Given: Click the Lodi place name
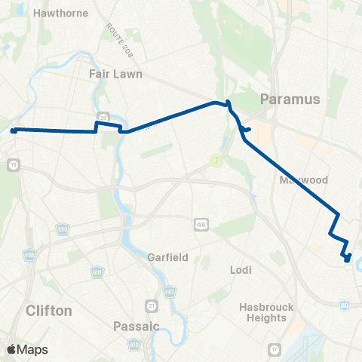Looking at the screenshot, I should [240, 269].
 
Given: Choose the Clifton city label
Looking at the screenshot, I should [48, 310].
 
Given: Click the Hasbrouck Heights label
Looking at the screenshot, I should [263, 312].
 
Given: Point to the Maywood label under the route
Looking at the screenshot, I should [303, 180].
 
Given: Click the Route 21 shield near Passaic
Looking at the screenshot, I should [152, 305].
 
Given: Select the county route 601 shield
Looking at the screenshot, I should [97, 271].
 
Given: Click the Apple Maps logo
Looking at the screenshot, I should [26, 349].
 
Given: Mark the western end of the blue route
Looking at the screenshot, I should [14, 130].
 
